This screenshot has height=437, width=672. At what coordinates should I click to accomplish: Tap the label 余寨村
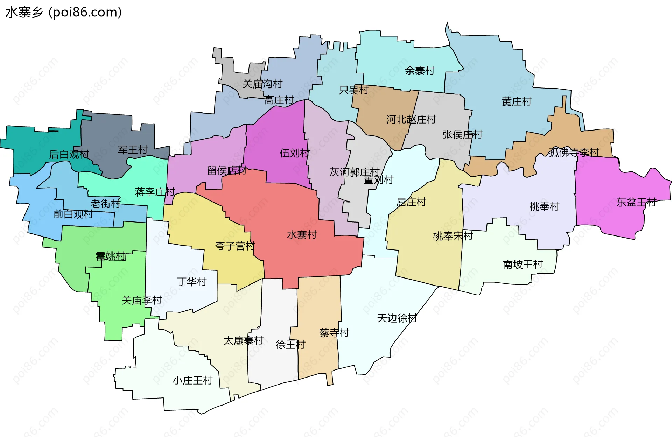[420, 71]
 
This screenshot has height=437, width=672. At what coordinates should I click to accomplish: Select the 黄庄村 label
[517, 101]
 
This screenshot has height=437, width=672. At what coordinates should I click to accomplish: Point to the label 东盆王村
[636, 202]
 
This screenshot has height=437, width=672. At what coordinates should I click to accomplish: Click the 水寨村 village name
[302, 235]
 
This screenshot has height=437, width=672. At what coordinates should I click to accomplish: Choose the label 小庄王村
[192, 380]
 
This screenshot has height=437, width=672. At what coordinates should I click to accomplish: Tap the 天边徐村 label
[397, 318]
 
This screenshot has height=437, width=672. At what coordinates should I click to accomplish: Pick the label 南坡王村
[523, 265]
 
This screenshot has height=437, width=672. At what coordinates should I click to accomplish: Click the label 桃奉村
[544, 206]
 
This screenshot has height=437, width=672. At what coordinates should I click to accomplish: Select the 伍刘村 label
[294, 153]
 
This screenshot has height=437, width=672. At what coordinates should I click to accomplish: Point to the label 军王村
[133, 150]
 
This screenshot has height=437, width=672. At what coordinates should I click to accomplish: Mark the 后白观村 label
[69, 154]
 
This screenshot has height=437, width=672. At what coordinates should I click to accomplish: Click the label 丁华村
[191, 282]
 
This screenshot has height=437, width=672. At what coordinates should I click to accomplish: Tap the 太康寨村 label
[243, 340]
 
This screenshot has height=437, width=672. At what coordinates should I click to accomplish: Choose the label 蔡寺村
[334, 332]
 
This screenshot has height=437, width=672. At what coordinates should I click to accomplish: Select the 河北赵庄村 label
[411, 120]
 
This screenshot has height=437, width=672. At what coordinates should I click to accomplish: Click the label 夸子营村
[235, 246]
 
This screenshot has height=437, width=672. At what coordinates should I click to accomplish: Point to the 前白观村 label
[73, 214]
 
